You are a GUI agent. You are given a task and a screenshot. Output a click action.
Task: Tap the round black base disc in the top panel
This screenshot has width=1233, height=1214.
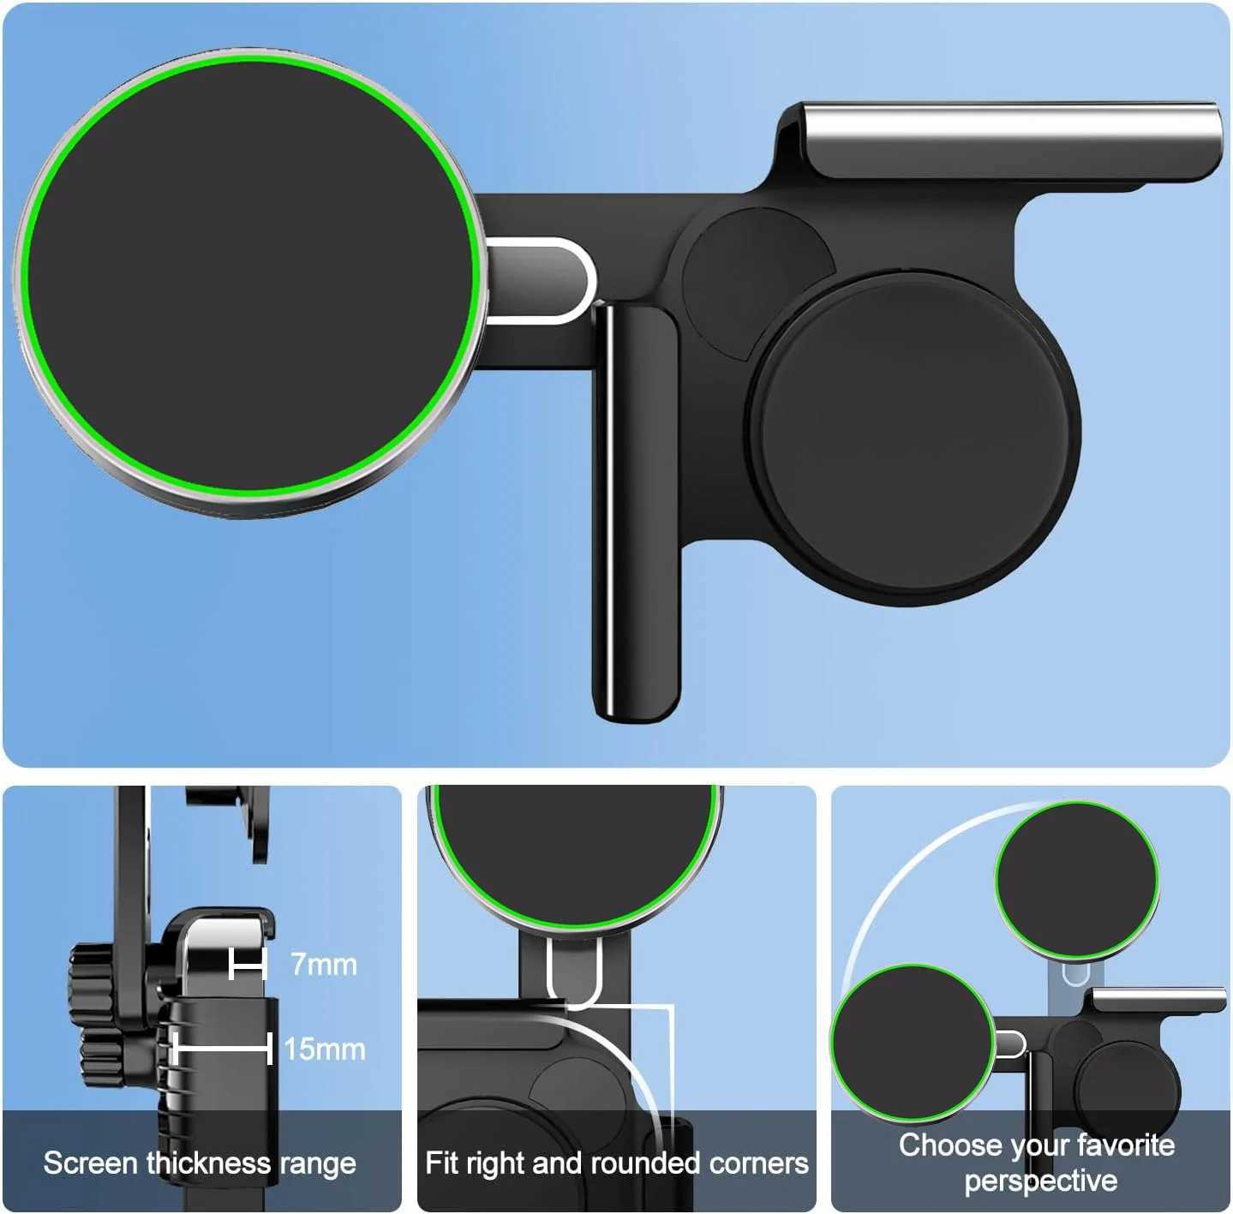coord(913,433)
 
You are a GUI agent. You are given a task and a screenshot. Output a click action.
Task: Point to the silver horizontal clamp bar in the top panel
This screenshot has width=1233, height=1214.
coord(1011,129)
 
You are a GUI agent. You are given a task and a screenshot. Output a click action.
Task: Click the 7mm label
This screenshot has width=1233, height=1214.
coord(323,965)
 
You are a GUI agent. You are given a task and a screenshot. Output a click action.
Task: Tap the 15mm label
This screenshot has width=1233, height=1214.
coord(324,1049)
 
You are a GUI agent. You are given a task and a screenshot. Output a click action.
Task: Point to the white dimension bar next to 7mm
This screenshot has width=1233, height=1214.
coord(248,965)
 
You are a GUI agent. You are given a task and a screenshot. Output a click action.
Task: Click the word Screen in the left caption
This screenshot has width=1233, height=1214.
coord(91,1163)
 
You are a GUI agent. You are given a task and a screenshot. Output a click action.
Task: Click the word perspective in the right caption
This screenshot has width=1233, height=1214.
coord(1040,1181)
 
